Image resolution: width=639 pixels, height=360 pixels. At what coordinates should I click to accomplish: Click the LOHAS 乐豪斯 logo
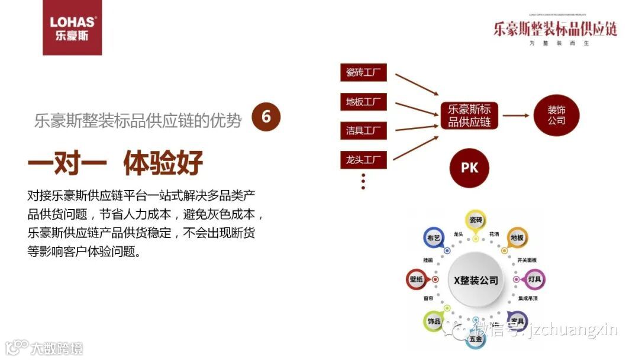click(72, 27)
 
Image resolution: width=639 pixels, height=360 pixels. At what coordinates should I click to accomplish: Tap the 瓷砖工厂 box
click(363, 73)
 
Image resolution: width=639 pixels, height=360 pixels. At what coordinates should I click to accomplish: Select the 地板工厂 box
click(363, 102)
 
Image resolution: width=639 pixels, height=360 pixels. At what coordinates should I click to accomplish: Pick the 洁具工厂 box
click(363, 130)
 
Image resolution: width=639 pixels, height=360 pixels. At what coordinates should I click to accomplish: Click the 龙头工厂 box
click(363, 159)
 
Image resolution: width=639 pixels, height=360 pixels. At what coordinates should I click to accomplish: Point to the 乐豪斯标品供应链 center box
click(470, 115)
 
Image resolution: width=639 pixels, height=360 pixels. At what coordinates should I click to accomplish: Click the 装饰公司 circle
click(556, 115)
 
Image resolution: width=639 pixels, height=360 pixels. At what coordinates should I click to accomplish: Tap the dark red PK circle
click(469, 168)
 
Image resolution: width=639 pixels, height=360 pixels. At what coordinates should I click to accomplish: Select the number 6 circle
click(266, 117)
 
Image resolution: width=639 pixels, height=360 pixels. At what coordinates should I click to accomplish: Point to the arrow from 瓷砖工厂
click(415, 84)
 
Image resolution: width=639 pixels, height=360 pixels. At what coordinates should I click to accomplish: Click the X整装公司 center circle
click(476, 280)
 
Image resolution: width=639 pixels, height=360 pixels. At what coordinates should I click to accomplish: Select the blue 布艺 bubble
click(434, 237)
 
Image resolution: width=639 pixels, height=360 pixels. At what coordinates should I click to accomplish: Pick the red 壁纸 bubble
click(417, 279)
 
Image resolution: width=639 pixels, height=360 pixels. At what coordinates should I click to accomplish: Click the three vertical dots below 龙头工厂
click(363, 181)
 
